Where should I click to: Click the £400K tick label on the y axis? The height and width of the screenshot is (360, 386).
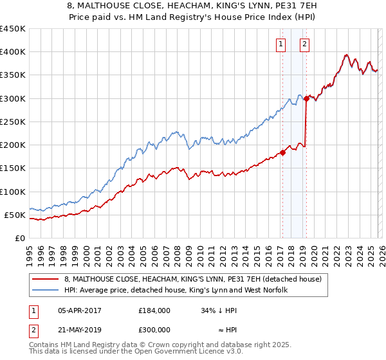pyautogui.click(x=13, y=52)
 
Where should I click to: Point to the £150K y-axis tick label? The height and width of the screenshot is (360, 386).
pyautogui.click(x=13, y=168)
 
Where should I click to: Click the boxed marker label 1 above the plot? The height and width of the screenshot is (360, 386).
pyautogui.click(x=282, y=44)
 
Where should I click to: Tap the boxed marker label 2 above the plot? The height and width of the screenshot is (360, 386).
pyautogui.click(x=304, y=44)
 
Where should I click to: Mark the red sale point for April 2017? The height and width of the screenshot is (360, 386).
pyautogui.click(x=282, y=152)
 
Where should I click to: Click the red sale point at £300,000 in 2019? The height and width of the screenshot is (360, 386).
pyautogui.click(x=307, y=98)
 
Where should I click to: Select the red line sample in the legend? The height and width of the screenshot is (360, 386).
pyautogui.click(x=46, y=279)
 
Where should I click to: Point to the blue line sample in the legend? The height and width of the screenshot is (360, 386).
pyautogui.click(x=46, y=290)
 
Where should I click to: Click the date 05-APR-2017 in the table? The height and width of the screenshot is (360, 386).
pyautogui.click(x=79, y=310)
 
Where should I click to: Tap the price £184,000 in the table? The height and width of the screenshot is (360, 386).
pyautogui.click(x=154, y=310)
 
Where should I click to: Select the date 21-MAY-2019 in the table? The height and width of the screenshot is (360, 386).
pyautogui.click(x=79, y=330)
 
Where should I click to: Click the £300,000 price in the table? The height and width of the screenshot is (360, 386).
pyautogui.click(x=154, y=330)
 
